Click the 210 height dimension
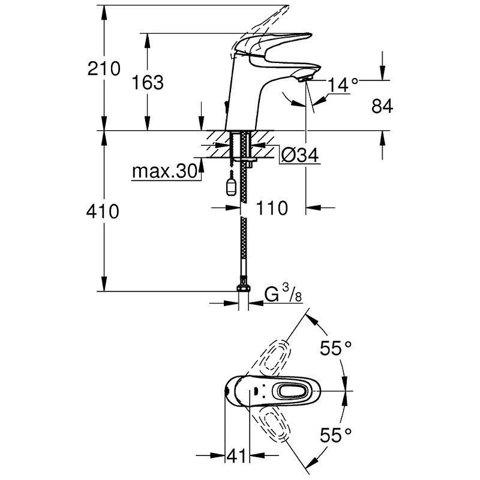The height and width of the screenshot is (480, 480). [104, 68]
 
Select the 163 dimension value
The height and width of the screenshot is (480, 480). [148, 83]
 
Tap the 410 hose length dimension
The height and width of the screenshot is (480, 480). [103, 212]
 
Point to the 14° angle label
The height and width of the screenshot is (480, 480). [343, 85]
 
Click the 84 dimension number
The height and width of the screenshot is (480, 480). [382, 107]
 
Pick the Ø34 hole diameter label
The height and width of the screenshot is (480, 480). [299, 155]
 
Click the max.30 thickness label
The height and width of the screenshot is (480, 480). [164, 172]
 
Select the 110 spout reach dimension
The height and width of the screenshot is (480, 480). [272, 208]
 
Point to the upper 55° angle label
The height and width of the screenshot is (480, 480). [335, 348]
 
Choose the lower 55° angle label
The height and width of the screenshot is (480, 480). [335, 435]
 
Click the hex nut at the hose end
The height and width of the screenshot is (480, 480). [244, 288]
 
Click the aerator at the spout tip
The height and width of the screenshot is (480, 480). [305, 80]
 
